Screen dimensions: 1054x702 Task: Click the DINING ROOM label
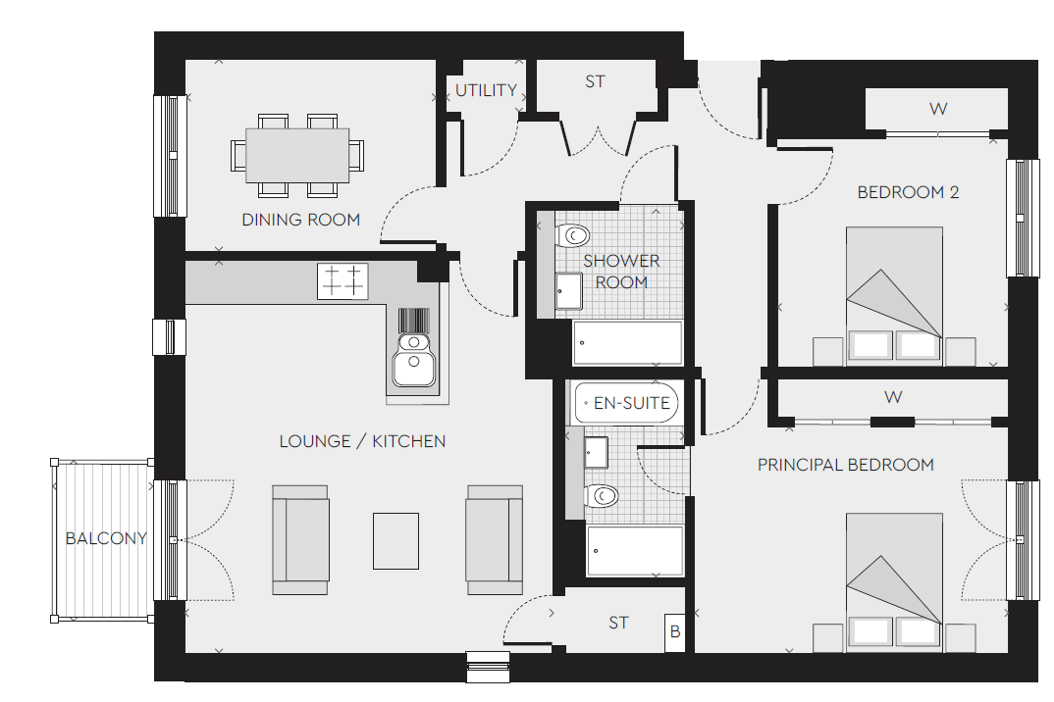[300, 220]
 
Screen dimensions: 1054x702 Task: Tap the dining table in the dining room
[297, 155]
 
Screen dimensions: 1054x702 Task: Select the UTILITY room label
[486, 90]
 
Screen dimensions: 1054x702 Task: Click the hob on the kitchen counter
[343, 280]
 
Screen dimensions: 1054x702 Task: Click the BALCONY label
[106, 538]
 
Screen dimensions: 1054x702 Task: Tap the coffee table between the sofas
[395, 541]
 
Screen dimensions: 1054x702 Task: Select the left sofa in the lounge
[300, 540]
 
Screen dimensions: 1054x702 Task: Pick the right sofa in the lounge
[494, 540]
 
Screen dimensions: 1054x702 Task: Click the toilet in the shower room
[572, 235]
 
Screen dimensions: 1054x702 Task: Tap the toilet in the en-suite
[601, 496]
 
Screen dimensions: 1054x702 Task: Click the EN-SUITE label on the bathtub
[632, 403]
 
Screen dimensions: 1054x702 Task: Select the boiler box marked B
[675, 632]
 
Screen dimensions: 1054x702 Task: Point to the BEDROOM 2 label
[908, 192]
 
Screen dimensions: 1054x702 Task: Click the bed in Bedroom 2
[894, 296]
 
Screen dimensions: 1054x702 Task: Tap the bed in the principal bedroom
[894, 582]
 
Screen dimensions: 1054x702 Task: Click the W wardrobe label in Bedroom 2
[938, 109]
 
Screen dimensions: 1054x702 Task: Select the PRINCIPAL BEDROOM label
[846, 465]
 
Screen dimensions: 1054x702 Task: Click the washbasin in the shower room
[568, 291]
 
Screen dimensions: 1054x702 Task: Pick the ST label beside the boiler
[618, 624]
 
